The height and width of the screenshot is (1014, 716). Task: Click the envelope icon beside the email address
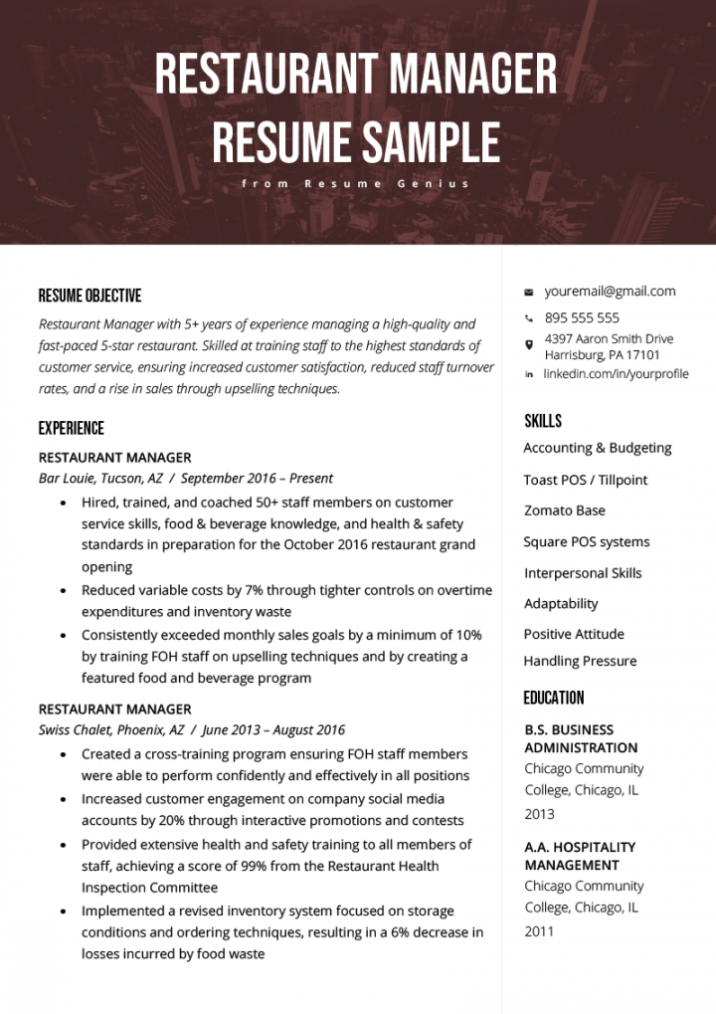[x=529, y=293]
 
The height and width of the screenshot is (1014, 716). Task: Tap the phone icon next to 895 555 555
[x=529, y=318]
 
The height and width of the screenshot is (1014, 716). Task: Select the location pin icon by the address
[x=529, y=345]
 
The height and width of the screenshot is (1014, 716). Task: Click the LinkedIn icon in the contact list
[x=529, y=374]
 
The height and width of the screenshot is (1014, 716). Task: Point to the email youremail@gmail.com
[x=610, y=292]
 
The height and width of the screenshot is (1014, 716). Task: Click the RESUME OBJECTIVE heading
[x=89, y=296]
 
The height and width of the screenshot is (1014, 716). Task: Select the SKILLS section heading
[x=543, y=421]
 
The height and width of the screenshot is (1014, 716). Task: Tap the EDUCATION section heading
[x=554, y=698]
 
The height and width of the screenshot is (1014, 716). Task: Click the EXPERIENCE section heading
[x=71, y=429]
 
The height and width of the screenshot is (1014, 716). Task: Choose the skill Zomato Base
[x=564, y=510]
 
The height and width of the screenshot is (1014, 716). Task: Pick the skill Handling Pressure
[x=580, y=661]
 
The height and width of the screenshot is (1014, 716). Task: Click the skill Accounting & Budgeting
[x=597, y=448]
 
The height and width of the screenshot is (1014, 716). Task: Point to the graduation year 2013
[x=539, y=814]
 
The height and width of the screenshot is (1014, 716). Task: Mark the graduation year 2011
[x=539, y=931]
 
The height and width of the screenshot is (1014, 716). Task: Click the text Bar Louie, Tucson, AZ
[x=100, y=479]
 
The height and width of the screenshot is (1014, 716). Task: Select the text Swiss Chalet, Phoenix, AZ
[x=111, y=730]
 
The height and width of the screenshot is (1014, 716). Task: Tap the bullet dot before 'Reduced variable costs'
[x=65, y=591]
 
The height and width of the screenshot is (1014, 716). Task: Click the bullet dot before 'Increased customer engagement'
[x=65, y=799]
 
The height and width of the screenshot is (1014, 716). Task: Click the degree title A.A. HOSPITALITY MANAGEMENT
[x=580, y=856]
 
